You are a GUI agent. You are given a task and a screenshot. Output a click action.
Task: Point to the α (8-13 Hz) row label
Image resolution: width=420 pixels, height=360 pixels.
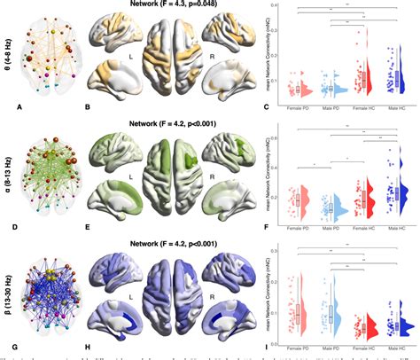(7, 173)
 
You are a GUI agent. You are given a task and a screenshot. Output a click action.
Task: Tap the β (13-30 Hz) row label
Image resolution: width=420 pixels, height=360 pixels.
(7, 288)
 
